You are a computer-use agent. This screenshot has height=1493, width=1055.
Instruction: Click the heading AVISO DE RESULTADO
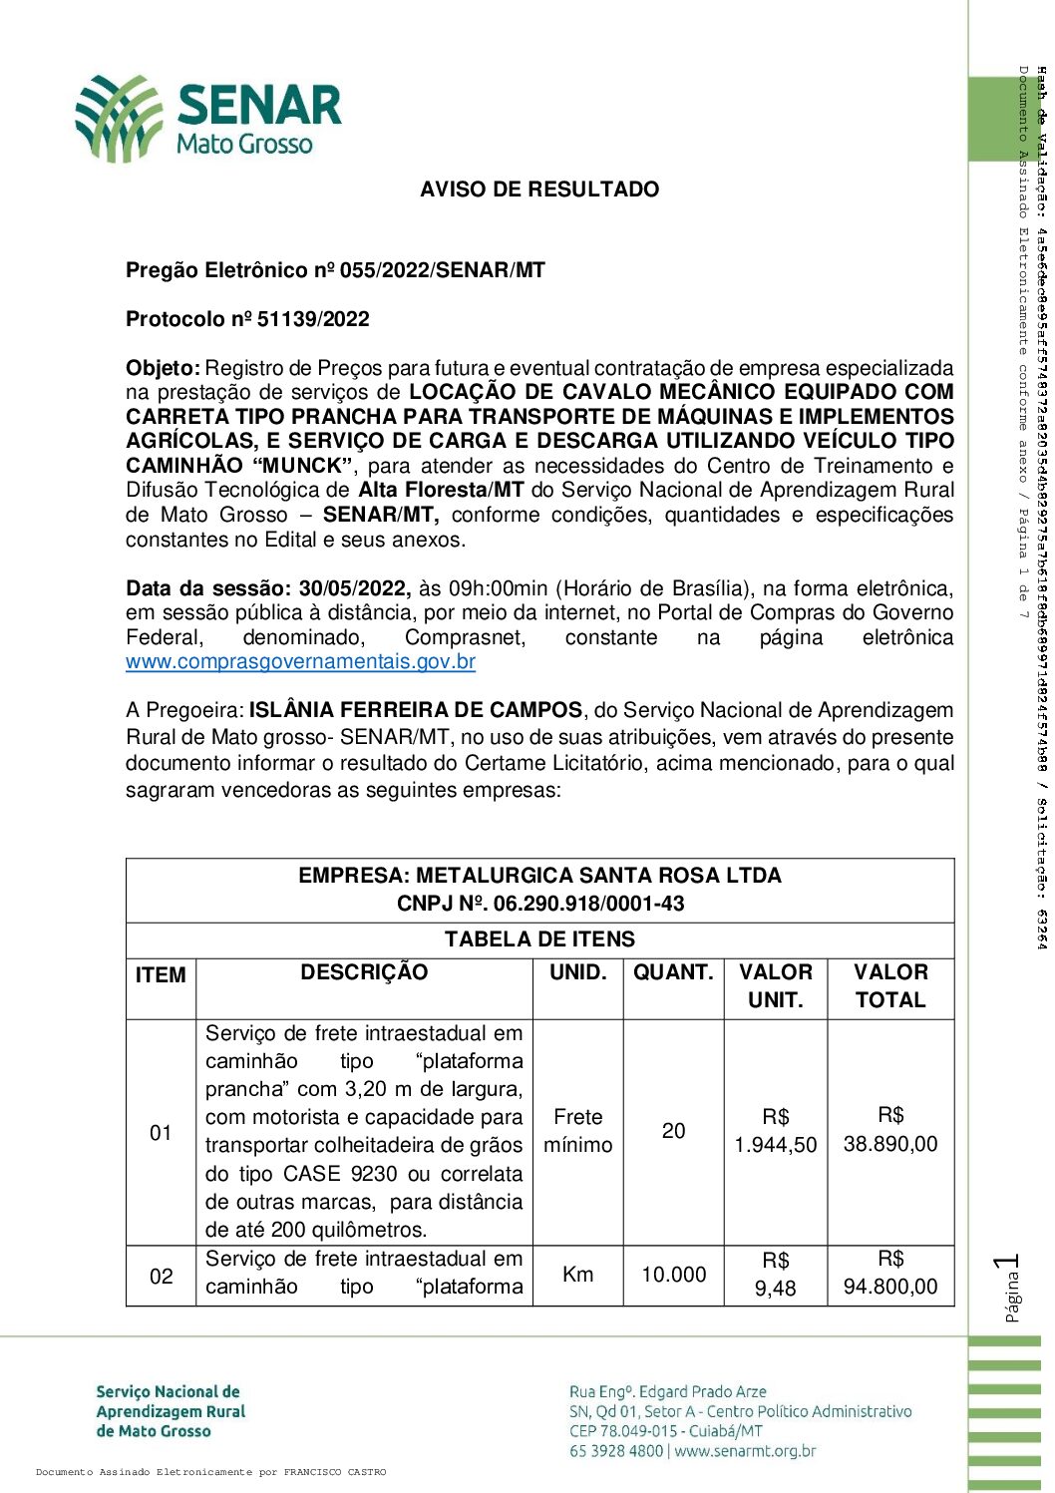click(539, 189)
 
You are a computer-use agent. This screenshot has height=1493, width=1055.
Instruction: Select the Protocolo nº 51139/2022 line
click(247, 319)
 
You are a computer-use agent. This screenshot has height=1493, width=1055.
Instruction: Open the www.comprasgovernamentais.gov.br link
click(300, 661)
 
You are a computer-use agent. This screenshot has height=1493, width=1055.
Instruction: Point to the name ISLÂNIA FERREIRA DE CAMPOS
click(416, 710)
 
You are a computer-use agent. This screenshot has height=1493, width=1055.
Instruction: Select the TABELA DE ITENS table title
click(539, 939)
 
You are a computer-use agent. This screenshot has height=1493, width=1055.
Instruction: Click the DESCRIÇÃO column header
click(364, 972)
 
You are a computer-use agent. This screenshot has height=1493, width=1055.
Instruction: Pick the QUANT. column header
click(673, 972)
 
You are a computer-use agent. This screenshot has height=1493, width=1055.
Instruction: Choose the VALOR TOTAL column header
click(890, 986)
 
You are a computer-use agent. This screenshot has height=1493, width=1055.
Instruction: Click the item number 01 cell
click(161, 1133)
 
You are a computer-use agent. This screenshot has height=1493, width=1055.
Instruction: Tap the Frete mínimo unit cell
click(578, 1131)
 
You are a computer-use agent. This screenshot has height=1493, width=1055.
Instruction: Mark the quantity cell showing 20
click(674, 1131)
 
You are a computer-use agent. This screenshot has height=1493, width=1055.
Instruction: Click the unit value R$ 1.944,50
click(776, 1131)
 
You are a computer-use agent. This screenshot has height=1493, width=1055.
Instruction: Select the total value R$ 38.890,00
click(890, 1130)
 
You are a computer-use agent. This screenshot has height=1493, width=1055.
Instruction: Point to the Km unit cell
click(578, 1275)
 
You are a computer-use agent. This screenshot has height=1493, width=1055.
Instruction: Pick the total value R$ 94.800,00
click(890, 1274)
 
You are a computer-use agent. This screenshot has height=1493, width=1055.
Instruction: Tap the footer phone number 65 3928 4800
click(615, 1451)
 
